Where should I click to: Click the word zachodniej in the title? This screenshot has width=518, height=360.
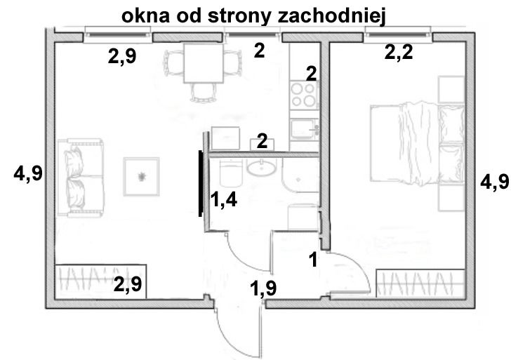(x=332, y=16)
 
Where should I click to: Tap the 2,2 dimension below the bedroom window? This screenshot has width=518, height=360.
(x=399, y=52)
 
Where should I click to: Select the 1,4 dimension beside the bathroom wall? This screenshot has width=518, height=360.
(x=224, y=200)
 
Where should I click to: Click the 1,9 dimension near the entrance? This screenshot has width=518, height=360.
(x=263, y=288)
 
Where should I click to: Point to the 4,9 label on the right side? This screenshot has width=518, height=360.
(x=495, y=182)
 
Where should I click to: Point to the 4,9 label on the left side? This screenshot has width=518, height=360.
(x=28, y=173)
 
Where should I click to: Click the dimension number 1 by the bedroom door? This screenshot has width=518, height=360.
(x=313, y=259)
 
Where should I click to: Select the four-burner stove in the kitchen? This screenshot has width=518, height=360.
(x=304, y=95)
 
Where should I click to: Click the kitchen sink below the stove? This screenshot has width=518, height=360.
(x=304, y=129)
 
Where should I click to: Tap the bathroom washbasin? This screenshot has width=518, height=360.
(x=261, y=168)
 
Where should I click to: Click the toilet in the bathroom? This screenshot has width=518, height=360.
(x=231, y=173)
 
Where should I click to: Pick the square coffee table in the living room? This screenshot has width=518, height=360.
(x=141, y=177)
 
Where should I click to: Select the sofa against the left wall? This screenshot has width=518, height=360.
(x=81, y=178)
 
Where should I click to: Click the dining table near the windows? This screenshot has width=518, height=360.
(x=204, y=63)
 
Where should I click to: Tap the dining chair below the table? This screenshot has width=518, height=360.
(x=203, y=92)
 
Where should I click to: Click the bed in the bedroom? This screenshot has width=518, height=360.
(x=417, y=144)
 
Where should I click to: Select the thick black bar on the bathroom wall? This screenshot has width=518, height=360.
(x=200, y=183)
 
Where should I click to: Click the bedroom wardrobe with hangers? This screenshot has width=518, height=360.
(x=420, y=283)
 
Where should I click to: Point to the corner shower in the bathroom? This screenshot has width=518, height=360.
(x=300, y=175)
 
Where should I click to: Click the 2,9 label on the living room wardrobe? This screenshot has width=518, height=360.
(x=128, y=284)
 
